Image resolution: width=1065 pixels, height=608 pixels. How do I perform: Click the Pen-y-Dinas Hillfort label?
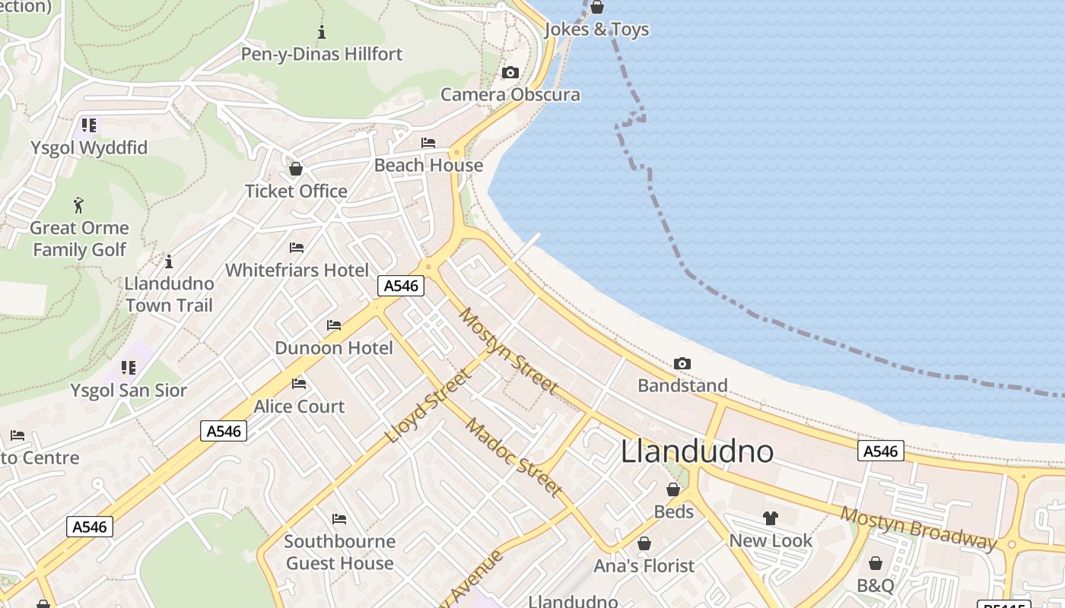(x=322, y=54)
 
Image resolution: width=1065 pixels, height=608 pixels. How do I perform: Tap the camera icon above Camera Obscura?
(x=510, y=73)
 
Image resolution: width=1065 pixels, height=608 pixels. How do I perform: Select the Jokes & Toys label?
(x=597, y=30)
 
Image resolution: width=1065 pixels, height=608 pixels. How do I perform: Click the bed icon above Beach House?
(x=428, y=143)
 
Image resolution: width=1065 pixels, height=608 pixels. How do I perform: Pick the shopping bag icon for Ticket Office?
(x=296, y=169)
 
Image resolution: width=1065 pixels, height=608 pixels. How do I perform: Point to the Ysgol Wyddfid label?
(x=89, y=147)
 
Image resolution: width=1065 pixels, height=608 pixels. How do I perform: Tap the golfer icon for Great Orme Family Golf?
(x=78, y=205)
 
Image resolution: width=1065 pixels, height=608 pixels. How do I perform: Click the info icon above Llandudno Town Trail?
(x=169, y=261)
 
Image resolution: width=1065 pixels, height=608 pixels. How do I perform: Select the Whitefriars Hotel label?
(x=297, y=270)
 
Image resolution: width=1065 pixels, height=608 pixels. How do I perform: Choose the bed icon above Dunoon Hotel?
(x=334, y=325)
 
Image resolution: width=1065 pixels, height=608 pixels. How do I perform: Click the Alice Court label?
(x=299, y=407)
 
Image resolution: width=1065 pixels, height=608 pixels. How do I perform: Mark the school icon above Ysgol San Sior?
(x=129, y=369)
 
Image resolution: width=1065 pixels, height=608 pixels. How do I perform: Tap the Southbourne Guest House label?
(x=339, y=553)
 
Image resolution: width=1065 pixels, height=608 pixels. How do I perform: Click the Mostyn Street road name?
(x=508, y=351)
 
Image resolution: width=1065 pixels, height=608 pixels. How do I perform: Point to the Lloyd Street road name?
(x=429, y=406)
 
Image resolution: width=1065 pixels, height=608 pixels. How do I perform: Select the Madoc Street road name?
(x=514, y=457)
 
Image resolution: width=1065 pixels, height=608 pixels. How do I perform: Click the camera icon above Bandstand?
(x=682, y=364)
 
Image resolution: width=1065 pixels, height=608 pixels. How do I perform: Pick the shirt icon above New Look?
(x=771, y=518)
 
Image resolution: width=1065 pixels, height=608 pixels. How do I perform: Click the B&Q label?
(x=876, y=586)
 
